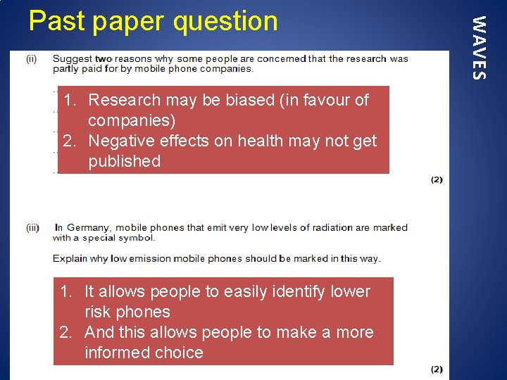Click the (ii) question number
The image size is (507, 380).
(x=32, y=59)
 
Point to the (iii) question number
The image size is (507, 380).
(x=32, y=228)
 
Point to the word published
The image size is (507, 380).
(x=125, y=161)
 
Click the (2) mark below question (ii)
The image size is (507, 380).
(x=437, y=179)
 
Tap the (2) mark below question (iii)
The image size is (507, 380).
(x=437, y=369)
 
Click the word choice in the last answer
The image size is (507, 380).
(x=179, y=353)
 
